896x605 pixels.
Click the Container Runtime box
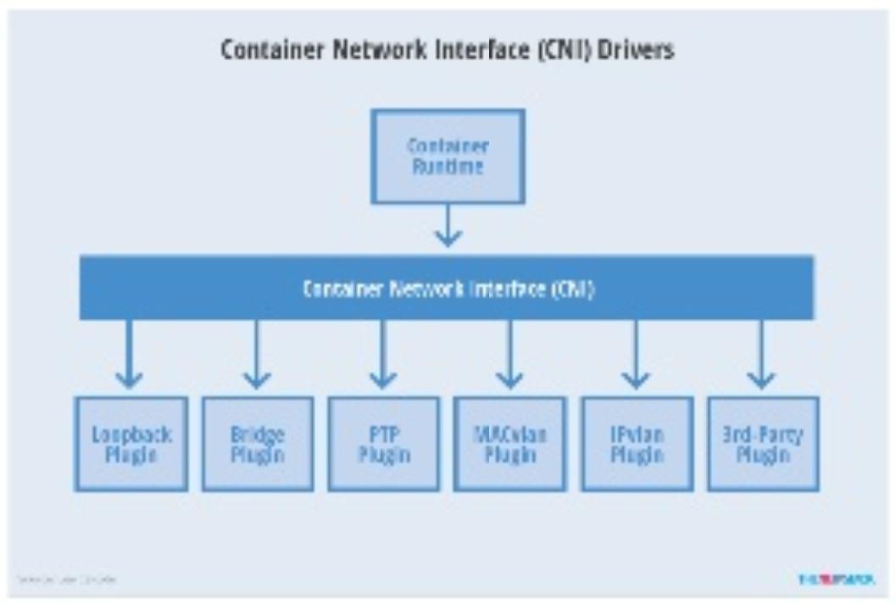(x=448, y=156)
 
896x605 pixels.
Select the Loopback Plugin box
(x=131, y=443)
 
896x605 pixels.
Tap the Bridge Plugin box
(x=258, y=443)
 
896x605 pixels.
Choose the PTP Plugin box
(x=384, y=443)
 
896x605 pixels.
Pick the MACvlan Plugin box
(x=510, y=443)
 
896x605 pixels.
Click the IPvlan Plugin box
(x=636, y=443)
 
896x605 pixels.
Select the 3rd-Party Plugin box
(x=762, y=443)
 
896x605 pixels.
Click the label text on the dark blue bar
(x=448, y=288)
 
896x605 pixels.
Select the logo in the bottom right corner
(x=836, y=580)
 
